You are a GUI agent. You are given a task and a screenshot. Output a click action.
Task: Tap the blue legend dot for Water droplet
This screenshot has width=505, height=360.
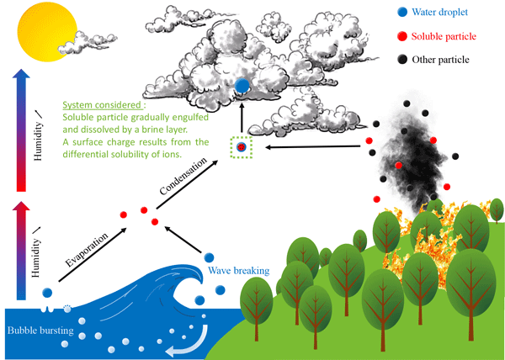pyautogui.click(x=402, y=12)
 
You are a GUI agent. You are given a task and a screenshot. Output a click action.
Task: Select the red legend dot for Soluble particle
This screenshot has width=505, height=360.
pyautogui.click(x=402, y=36)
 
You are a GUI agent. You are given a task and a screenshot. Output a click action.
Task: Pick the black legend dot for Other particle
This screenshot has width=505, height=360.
pyautogui.click(x=402, y=59)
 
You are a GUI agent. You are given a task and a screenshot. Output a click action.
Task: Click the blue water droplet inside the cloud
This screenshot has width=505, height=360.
pyautogui.click(x=242, y=85)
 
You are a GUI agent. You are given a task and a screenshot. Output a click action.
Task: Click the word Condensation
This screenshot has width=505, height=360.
pyautogui.click(x=183, y=177)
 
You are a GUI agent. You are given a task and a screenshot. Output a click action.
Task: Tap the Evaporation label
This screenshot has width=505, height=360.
pyautogui.click(x=87, y=250)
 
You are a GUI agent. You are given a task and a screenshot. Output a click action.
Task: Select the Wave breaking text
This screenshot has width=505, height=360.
pyautogui.click(x=239, y=270)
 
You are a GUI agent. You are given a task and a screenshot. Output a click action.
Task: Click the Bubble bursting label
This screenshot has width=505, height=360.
pyautogui.click(x=40, y=331)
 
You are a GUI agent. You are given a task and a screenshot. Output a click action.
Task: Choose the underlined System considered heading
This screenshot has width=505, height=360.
pyautogui.click(x=102, y=105)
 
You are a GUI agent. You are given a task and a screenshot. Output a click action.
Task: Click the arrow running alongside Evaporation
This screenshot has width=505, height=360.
pyautogui.click(x=93, y=255)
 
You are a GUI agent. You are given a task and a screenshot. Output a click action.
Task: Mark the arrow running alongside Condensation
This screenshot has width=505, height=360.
pyautogui.click(x=187, y=185)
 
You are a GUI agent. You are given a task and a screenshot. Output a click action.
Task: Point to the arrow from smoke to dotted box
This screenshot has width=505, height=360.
pyautogui.click(x=313, y=146)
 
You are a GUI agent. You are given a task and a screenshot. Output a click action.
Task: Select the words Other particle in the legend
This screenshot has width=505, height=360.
pyautogui.click(x=440, y=60)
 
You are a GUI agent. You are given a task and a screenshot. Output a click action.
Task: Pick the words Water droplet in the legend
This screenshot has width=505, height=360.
pyautogui.click(x=439, y=13)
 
